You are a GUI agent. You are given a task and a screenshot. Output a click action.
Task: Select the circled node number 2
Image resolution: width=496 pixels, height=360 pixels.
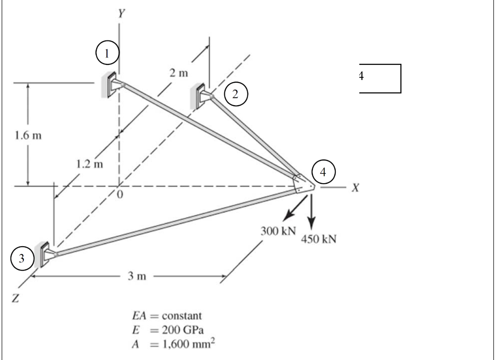pos(235,94)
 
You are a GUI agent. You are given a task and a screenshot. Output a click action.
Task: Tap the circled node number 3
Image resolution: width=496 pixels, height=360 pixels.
pos(22,258)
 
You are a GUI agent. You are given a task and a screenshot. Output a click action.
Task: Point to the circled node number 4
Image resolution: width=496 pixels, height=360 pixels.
pos(323,172)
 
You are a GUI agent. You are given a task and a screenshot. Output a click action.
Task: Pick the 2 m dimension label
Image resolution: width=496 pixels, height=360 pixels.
pos(179,73)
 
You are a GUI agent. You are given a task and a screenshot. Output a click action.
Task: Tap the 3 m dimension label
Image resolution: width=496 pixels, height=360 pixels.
pos(137,276)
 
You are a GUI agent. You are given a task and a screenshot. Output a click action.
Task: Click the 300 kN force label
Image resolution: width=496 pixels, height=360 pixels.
pos(278,231)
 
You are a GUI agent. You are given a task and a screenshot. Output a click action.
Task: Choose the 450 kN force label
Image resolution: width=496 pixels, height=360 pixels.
pos(318,239)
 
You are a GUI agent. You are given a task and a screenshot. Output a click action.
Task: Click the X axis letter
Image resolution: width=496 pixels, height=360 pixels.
pos(355,188)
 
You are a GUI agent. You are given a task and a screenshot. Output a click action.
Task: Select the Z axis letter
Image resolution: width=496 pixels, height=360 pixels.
pos(15,299)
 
